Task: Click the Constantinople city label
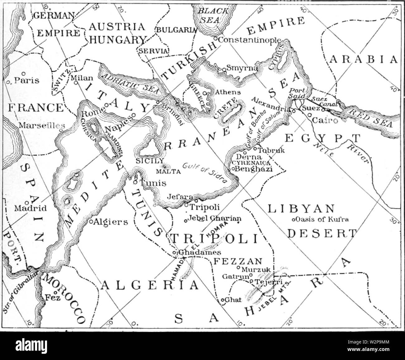click(x=249, y=40)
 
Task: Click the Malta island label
click(x=169, y=171)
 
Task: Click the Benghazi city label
click(x=254, y=169)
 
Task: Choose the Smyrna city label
click(x=242, y=68)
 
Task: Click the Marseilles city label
click(x=41, y=126)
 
